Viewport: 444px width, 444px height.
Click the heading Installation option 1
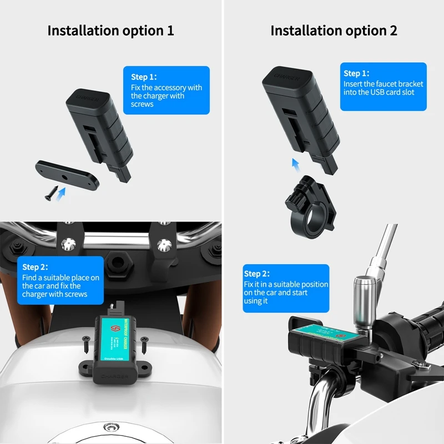tap(110, 31)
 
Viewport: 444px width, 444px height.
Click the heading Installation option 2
tap(334, 31)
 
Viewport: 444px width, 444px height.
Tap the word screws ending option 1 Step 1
tap(142, 104)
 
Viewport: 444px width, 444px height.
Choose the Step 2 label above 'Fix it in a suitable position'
tap(257, 274)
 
